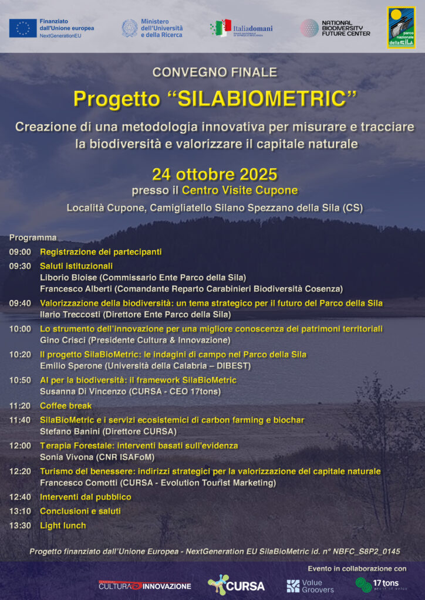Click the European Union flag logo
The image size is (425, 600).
pos(23,28)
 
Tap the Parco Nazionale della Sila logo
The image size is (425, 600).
pos(401,28)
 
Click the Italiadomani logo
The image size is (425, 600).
pos(241,28)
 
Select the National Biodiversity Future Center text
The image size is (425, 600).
pos(346,28)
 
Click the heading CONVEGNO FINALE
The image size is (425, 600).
pos(214,73)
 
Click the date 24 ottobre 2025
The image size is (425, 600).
pos(214,175)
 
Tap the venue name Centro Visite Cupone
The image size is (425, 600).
pos(240,190)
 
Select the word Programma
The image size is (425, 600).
pos(33,237)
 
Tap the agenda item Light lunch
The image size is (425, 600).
pos(63,526)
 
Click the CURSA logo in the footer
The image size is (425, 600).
pos(236,585)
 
